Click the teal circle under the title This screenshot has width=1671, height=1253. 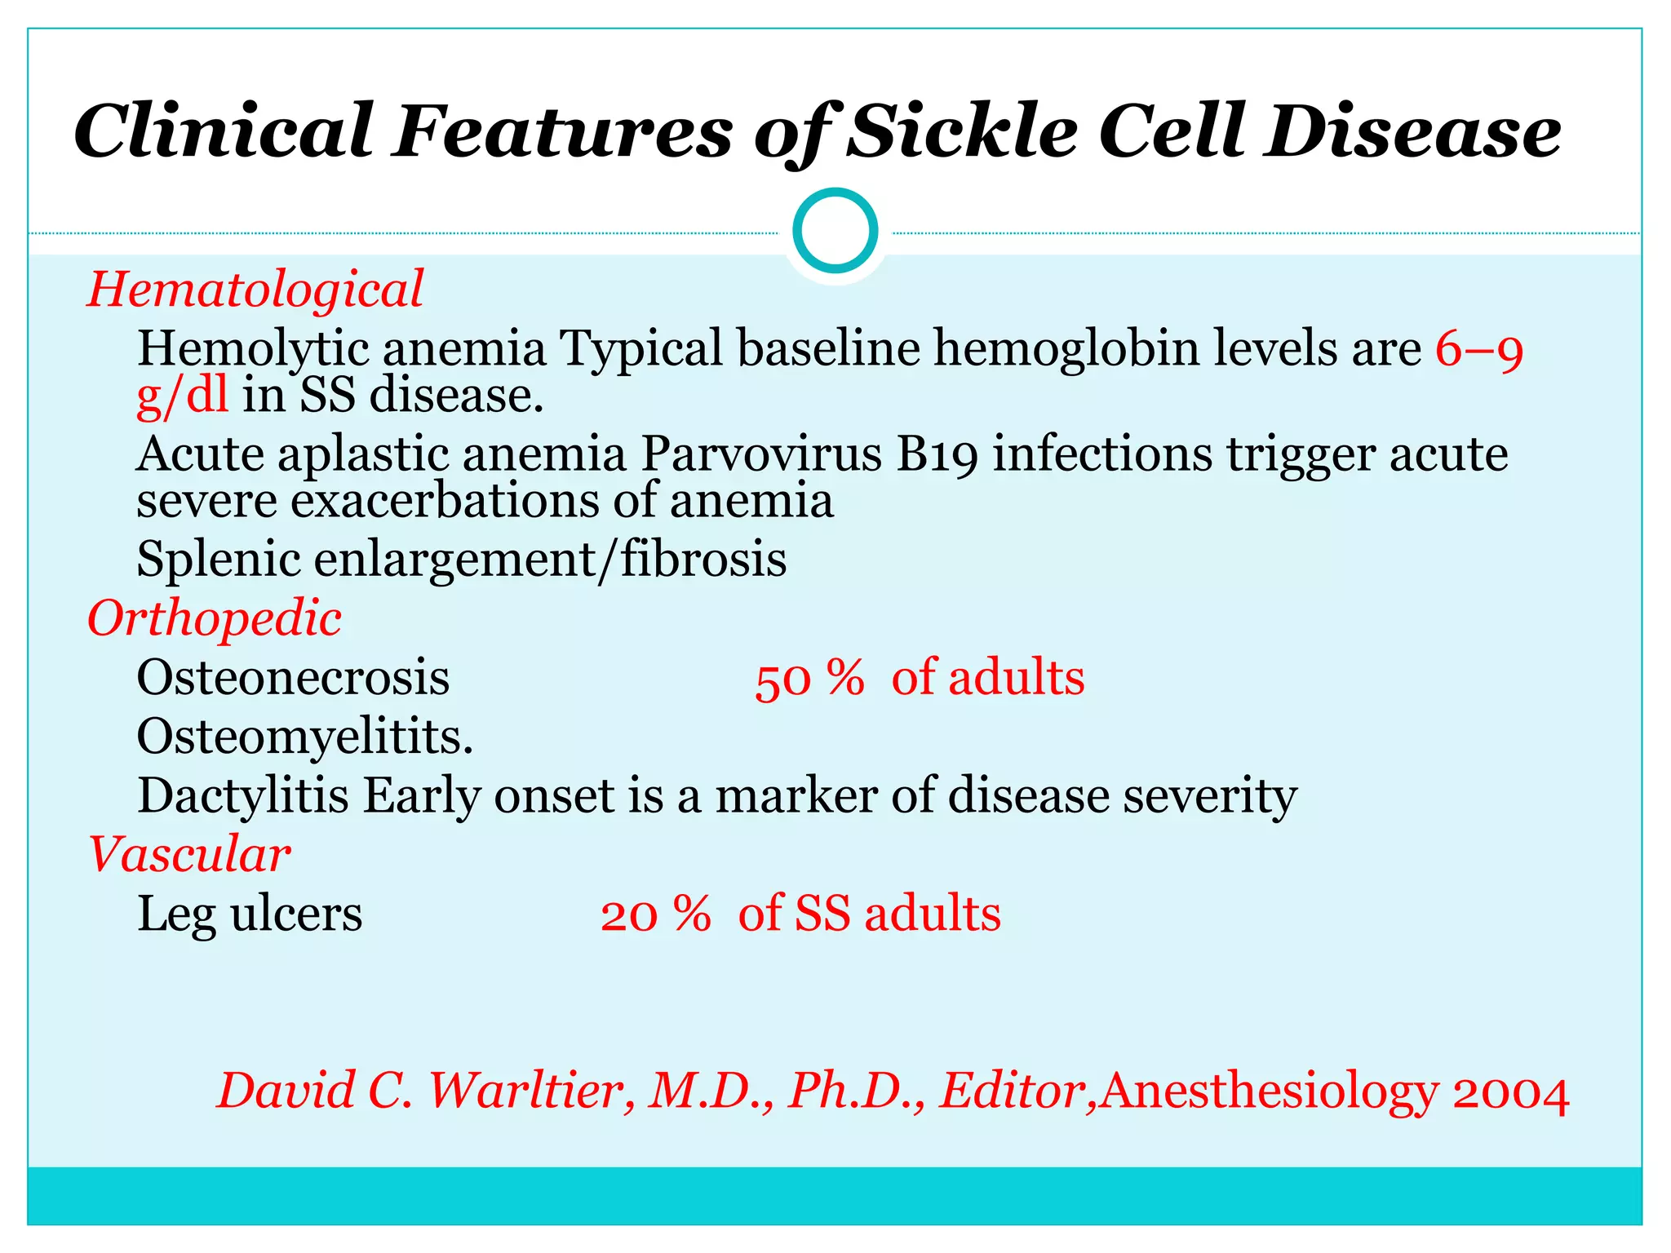point(835,231)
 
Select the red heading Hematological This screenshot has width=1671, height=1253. point(255,290)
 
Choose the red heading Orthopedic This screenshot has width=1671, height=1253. point(214,618)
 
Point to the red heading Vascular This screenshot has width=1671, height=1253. point(189,855)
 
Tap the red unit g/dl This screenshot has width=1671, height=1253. point(182,396)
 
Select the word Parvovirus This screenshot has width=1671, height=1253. point(761,454)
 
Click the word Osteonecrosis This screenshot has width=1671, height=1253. point(293,677)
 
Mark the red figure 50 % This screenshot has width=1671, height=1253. point(809,679)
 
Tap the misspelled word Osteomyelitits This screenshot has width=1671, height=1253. point(304,737)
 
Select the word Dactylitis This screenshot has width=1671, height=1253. point(243,795)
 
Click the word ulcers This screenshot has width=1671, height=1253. point(296,914)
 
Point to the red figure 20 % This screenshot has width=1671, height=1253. point(655,914)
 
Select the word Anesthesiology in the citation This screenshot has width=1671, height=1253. point(1269,1092)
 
